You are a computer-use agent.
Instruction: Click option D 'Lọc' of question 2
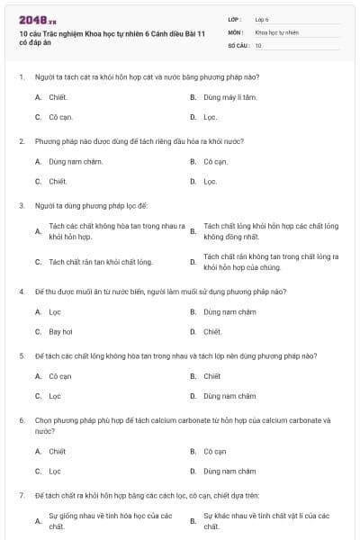[x=210, y=181]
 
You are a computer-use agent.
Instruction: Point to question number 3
[x=22, y=205]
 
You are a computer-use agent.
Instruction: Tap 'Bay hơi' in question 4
[x=60, y=331]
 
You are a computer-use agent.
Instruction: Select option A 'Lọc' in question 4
[x=55, y=311]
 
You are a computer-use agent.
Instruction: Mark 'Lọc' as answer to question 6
[x=55, y=471]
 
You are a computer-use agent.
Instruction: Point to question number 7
[x=22, y=495]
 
